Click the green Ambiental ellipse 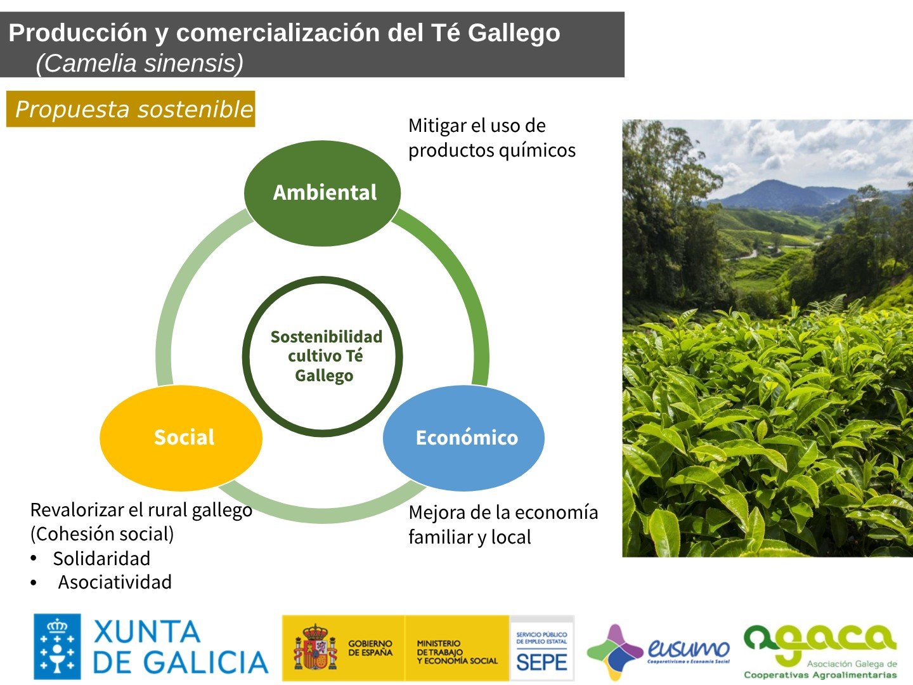(323, 193)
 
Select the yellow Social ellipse (181, 438)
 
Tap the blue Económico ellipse (464, 438)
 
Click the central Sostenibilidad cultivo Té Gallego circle (323, 356)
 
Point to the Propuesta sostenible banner (131, 109)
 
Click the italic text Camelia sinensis (139, 63)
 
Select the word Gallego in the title (514, 33)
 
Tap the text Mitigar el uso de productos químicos (491, 138)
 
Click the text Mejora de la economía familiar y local (503, 525)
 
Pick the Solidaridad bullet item (101, 559)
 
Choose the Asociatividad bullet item (115, 582)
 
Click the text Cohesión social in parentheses (102, 534)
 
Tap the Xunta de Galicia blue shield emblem (57, 646)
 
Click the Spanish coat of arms (314, 648)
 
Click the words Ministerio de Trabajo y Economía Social (456, 652)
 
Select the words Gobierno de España (370, 648)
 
